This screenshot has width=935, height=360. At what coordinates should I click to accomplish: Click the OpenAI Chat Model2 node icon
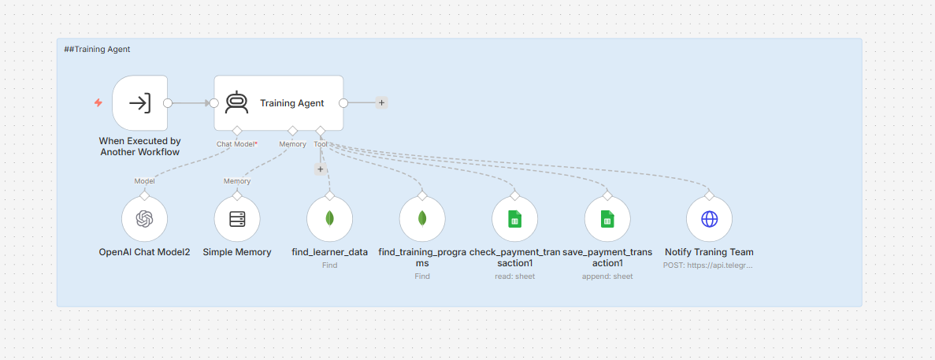click(144, 219)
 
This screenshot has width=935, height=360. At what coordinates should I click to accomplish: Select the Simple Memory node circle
click(237, 219)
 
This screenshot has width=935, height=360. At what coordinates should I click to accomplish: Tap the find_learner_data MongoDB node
click(330, 219)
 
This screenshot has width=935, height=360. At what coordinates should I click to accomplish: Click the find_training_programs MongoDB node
click(422, 219)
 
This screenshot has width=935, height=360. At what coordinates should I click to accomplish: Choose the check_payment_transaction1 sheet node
click(515, 219)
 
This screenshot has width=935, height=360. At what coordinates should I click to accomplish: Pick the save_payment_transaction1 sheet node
click(607, 219)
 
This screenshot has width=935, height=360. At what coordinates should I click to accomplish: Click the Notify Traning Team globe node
click(709, 219)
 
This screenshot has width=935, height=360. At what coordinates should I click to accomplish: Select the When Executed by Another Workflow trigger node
click(139, 102)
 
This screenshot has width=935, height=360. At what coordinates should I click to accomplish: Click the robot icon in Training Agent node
click(237, 102)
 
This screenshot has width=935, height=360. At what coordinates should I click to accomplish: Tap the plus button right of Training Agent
click(381, 102)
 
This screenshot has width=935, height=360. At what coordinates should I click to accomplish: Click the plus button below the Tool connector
click(321, 169)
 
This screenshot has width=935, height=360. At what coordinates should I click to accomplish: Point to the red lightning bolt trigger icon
click(98, 102)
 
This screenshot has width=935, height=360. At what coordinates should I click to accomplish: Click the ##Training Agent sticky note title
click(97, 50)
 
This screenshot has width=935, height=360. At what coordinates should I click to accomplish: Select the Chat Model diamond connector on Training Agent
click(237, 131)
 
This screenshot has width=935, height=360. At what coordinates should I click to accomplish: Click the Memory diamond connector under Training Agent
click(292, 131)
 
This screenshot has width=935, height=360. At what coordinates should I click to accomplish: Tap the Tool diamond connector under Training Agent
click(321, 131)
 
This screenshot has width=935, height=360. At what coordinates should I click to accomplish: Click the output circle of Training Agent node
click(343, 102)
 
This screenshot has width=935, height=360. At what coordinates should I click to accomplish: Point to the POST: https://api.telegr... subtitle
click(708, 265)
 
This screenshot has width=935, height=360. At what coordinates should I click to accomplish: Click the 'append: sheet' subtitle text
click(607, 276)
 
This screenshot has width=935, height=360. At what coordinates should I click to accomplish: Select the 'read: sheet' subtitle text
click(515, 276)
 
